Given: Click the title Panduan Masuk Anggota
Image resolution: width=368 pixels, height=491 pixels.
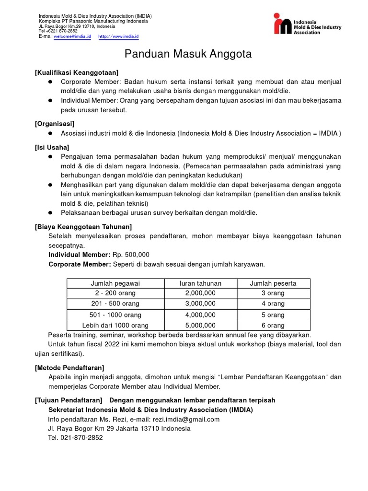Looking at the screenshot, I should pyautogui.click(x=188, y=54).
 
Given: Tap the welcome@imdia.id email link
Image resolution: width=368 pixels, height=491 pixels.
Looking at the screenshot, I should pyautogui.click(x=72, y=36).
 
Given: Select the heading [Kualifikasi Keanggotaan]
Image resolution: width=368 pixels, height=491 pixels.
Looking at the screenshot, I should pyautogui.click(x=77, y=72).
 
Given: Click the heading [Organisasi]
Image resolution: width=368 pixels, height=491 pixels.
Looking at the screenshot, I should pyautogui.click(x=55, y=123).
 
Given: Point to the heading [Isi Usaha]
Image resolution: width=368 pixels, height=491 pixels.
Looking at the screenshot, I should pyautogui.click(x=52, y=147).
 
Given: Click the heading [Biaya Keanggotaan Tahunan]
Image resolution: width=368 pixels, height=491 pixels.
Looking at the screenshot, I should pyautogui.click(x=83, y=226).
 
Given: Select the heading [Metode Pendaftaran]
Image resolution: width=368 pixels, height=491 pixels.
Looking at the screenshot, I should pyautogui.click(x=69, y=367).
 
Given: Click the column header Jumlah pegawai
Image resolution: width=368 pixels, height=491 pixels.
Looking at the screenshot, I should pyautogui.click(x=115, y=283).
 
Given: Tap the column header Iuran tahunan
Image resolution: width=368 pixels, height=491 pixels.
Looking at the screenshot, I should pyautogui.click(x=200, y=283).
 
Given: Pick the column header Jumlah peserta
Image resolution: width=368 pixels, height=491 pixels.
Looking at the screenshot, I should pyautogui.click(x=273, y=283).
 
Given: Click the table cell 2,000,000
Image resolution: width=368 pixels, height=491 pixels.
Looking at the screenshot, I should pyautogui.click(x=200, y=293).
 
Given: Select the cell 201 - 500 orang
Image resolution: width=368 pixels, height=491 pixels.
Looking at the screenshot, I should pyautogui.click(x=115, y=304).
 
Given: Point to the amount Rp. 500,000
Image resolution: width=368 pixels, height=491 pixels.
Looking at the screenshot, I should pyautogui.click(x=131, y=255).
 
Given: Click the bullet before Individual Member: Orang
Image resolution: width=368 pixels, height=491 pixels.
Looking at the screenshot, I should pyautogui.click(x=50, y=100).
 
